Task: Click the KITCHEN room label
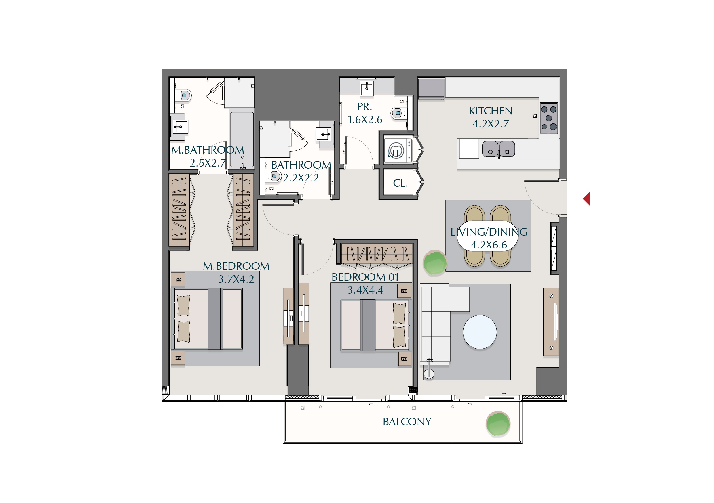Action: [x=490, y=111]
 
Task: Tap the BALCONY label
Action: [x=407, y=422]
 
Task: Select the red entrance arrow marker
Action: [x=586, y=199]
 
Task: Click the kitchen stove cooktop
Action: [x=548, y=118]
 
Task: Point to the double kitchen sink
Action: [x=498, y=149]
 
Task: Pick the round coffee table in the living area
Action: [x=480, y=332]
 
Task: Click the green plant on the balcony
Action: [x=498, y=424]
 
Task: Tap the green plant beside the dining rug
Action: [x=435, y=263]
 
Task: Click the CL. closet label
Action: [x=400, y=183]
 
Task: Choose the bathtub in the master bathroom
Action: [x=242, y=138]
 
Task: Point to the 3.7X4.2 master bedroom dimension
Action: [x=236, y=279]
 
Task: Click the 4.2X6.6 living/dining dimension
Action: [x=489, y=245]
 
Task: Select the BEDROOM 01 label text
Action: [x=365, y=277]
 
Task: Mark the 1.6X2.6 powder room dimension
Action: [x=365, y=119]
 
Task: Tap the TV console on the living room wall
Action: [x=551, y=322]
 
